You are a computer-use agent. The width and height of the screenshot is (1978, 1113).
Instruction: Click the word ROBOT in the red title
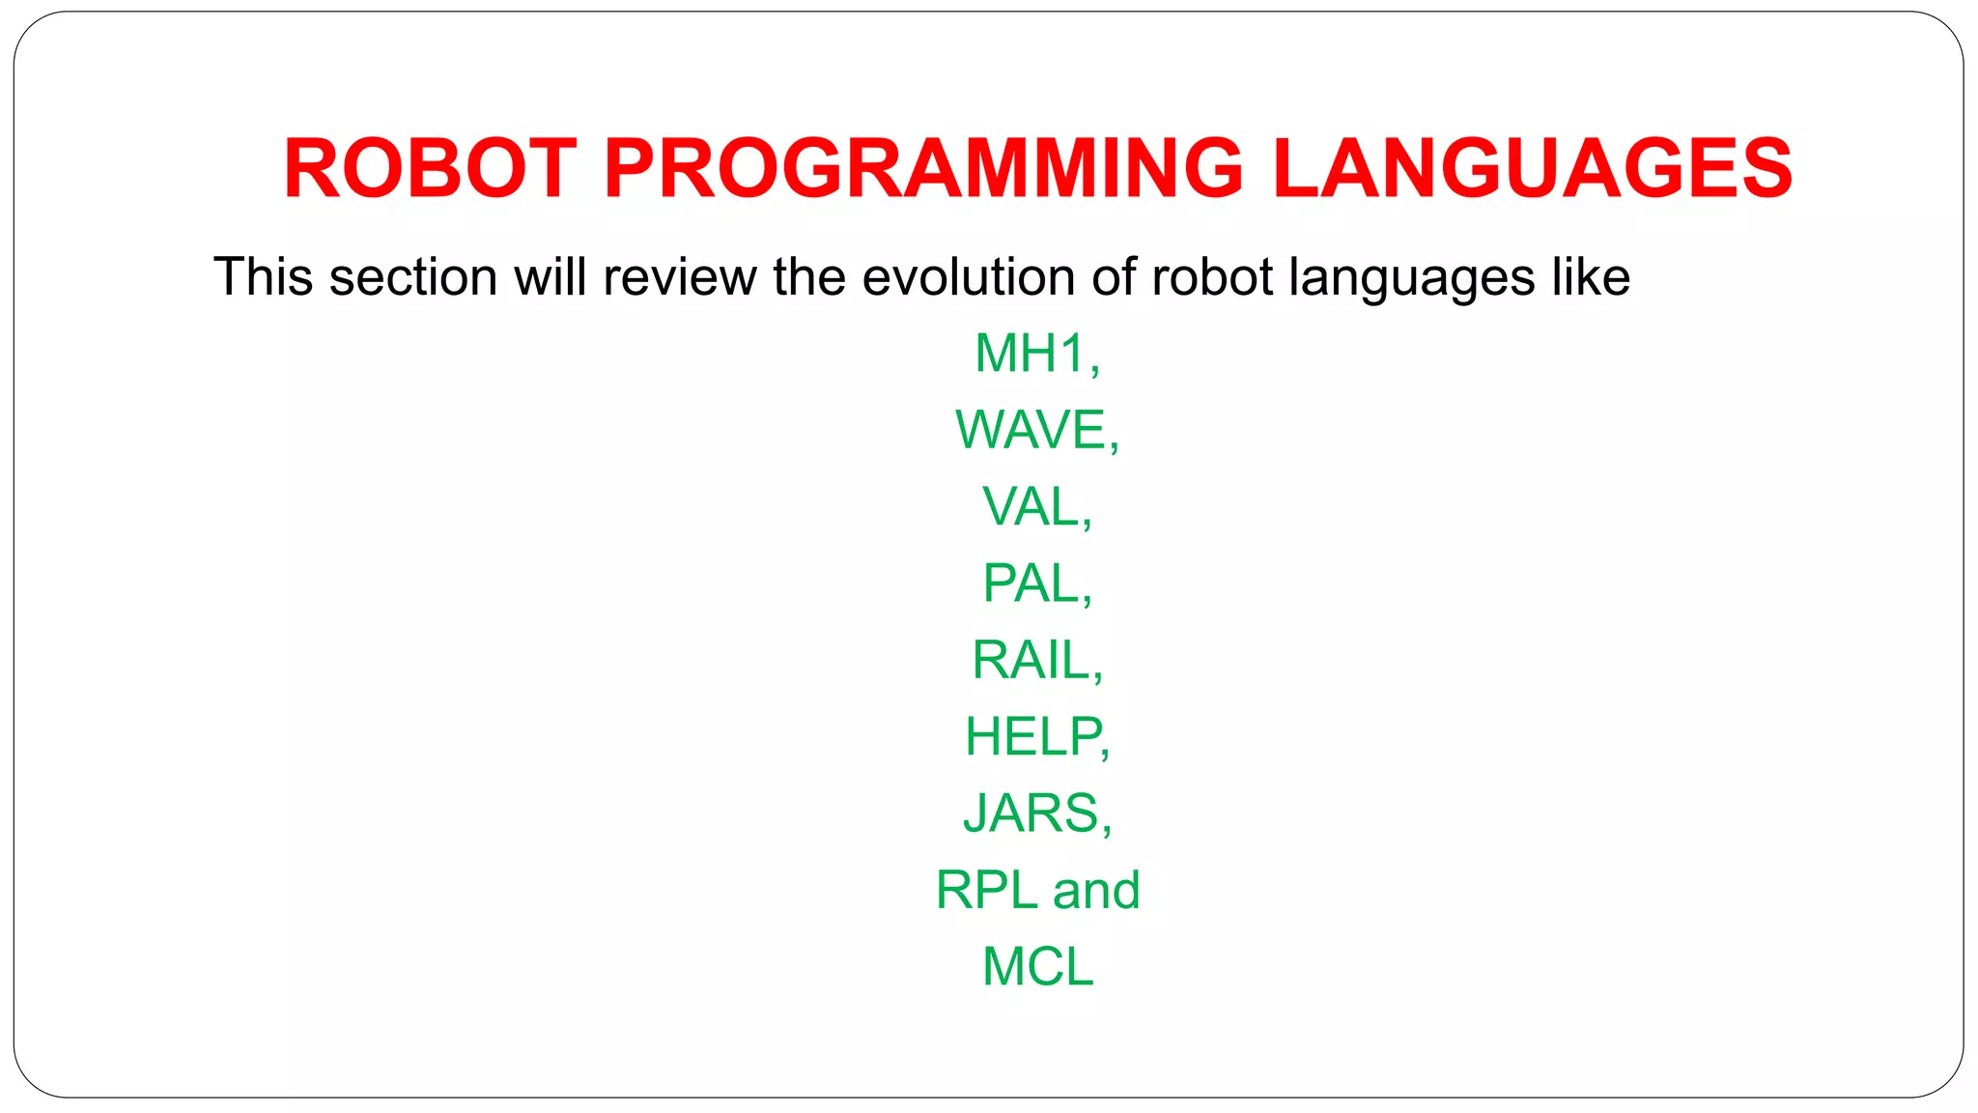[x=430, y=168]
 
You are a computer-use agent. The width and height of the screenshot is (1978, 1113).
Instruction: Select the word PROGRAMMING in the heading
[x=923, y=168]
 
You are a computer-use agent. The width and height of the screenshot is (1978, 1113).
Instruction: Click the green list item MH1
[x=1031, y=354]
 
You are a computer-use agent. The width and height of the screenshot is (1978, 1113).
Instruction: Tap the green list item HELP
[x=1031, y=736]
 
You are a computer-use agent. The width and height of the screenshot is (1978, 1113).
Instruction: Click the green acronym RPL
[x=985, y=890]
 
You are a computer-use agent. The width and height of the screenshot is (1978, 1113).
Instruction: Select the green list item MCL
[x=1037, y=966]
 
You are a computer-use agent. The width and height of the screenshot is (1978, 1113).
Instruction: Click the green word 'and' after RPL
[x=1096, y=890]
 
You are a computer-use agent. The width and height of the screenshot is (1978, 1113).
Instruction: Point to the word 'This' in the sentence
[x=263, y=277]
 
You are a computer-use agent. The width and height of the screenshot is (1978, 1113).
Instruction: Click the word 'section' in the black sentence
[x=412, y=277]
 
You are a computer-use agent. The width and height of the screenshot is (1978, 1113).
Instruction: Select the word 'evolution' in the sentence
[x=969, y=277]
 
